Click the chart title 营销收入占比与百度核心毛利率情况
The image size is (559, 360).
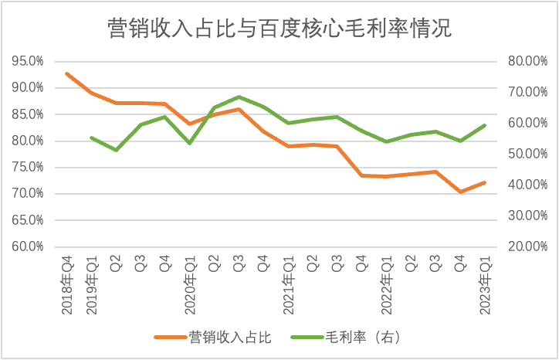[x=279, y=29]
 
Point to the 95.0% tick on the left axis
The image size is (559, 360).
[x=26, y=60]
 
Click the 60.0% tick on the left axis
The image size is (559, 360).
[x=26, y=246]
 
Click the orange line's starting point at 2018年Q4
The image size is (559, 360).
[x=67, y=73]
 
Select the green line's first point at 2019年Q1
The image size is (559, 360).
[x=91, y=138]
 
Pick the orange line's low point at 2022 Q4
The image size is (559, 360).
[x=460, y=192]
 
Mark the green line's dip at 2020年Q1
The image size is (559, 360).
[x=190, y=143]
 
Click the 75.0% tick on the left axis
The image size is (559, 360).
[x=26, y=167]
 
